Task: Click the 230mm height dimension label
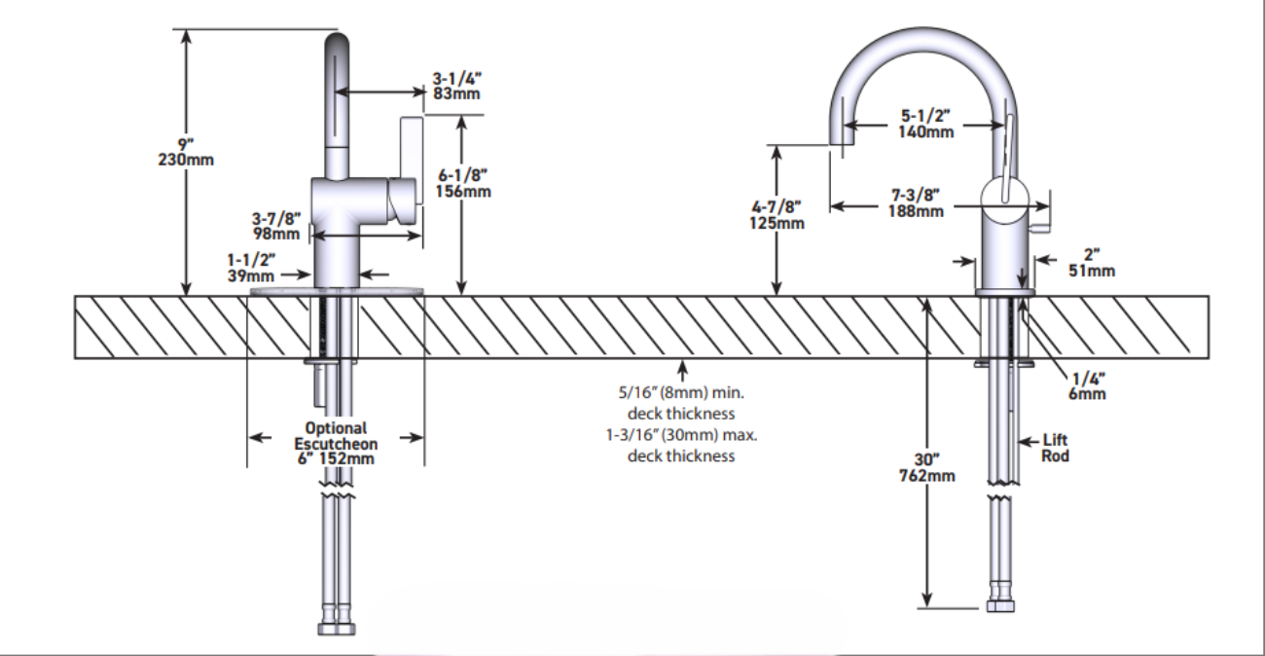click(185, 160)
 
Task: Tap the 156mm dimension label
click(463, 192)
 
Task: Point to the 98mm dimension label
click(276, 234)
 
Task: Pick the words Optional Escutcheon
click(335, 436)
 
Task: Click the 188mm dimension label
click(915, 211)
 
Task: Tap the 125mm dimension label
click(777, 224)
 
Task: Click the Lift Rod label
click(1056, 449)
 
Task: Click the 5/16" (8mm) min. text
click(681, 393)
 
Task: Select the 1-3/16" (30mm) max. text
click(681, 435)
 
